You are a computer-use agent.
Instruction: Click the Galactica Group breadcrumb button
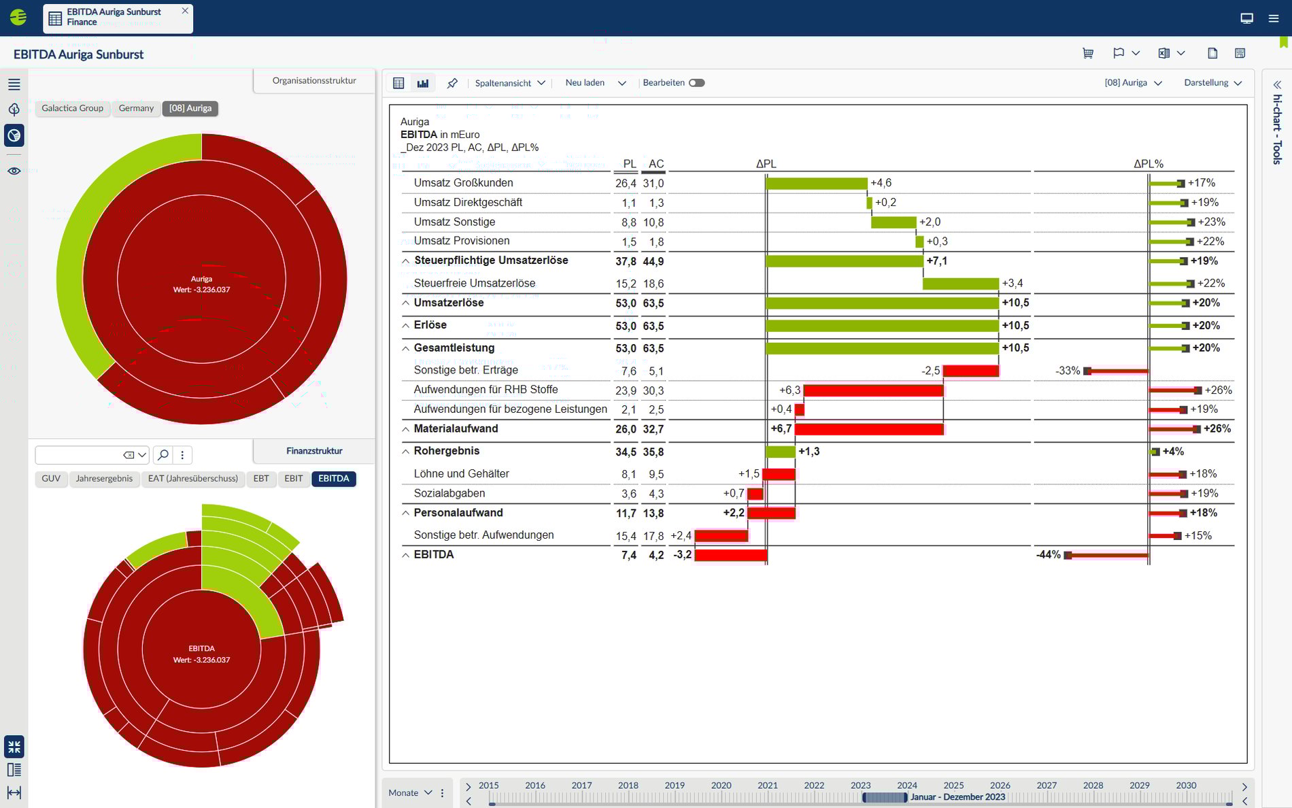coord(72,108)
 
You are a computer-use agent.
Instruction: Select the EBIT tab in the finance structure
coord(293,479)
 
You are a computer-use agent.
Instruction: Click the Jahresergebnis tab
coord(104,479)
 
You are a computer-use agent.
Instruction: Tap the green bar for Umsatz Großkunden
coord(816,183)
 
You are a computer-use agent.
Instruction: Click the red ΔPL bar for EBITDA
coord(730,555)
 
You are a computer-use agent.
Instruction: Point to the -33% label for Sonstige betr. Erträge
coord(1067,371)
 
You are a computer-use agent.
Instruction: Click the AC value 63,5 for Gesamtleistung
coord(653,348)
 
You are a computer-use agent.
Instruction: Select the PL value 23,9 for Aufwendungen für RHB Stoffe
coord(626,390)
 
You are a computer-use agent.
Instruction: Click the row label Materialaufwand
coord(456,428)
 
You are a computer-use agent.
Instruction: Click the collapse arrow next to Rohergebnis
coord(405,452)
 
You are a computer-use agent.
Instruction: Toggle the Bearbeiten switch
coord(696,83)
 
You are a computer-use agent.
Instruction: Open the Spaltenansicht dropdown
coord(510,83)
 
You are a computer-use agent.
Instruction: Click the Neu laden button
coord(585,83)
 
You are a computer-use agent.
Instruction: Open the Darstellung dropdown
coord(1212,83)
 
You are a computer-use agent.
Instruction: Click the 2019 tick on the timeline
coord(675,786)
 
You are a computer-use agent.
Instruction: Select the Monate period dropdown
coord(410,792)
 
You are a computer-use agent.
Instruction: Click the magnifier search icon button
coord(163,455)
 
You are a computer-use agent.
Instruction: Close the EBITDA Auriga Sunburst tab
coord(185,11)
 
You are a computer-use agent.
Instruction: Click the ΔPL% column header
coord(1148,164)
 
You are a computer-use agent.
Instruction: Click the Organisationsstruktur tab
coord(314,80)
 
